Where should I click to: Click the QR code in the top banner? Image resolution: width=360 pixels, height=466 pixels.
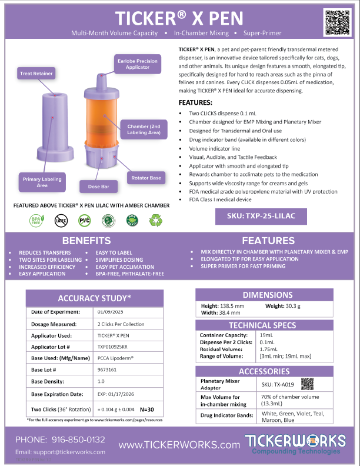[x=337, y=22]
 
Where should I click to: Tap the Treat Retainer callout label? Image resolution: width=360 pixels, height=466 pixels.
[x=37, y=74]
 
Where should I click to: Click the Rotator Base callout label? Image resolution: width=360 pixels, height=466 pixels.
[x=146, y=177]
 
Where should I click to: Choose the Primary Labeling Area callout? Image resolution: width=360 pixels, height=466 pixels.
[x=42, y=182]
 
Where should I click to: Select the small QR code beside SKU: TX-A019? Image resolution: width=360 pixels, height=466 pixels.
[x=306, y=384]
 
